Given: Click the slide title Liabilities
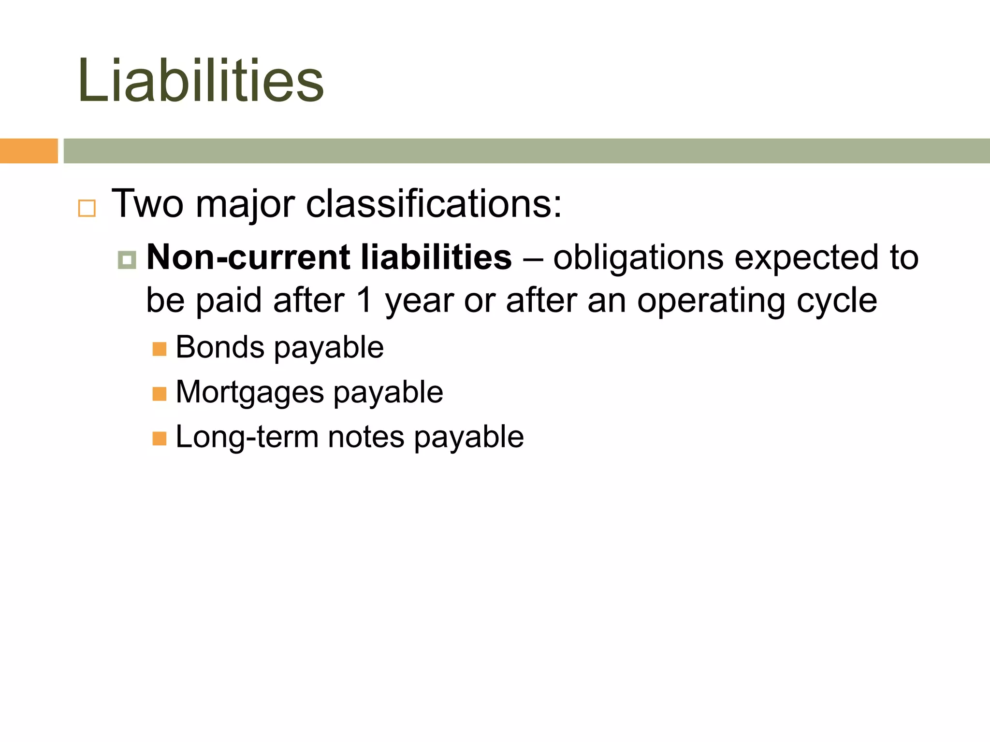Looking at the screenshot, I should [201, 81].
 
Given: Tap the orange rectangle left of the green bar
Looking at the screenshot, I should [29, 151].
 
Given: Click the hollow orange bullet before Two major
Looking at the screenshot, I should [87, 208].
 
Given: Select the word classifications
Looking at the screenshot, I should [434, 203].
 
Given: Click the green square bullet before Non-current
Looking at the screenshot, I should [127, 260].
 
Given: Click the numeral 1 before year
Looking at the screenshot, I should [365, 300].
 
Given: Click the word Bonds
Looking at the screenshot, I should [220, 347].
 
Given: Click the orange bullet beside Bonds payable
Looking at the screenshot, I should [159, 349].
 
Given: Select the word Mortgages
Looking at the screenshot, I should [249, 392].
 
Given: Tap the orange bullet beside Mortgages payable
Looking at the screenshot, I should [159, 394].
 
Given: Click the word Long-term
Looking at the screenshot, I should [247, 437].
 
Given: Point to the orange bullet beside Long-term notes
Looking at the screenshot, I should [159, 439].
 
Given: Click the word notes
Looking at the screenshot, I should [365, 437].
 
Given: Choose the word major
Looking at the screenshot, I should [245, 204].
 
